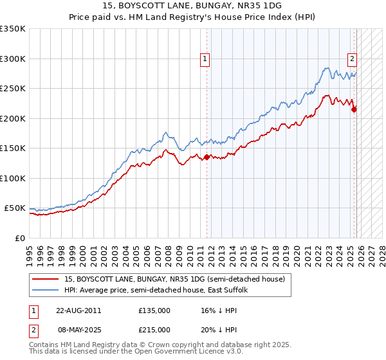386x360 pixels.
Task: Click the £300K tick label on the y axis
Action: coord(12,59)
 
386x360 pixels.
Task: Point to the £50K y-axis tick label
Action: coord(15,208)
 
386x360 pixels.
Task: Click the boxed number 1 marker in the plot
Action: coord(205,59)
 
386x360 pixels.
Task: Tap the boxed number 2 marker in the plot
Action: coord(353,59)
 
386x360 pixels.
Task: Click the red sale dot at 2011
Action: coord(207,157)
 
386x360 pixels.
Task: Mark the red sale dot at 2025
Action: coord(354,109)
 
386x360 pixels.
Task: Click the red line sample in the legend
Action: coord(46,279)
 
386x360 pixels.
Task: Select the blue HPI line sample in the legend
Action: coord(46,290)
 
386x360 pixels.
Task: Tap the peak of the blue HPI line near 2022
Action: coord(327,67)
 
